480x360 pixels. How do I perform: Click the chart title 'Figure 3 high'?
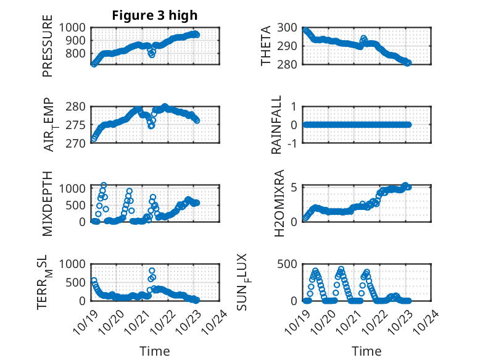[x=154, y=15]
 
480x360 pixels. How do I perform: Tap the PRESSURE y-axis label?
[x=48, y=51]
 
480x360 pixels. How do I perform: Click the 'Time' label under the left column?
[x=154, y=351]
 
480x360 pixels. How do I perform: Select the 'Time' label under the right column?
[x=367, y=351]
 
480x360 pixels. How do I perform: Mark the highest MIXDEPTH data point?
[x=104, y=185]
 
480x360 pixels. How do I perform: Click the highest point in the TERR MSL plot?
[x=152, y=270]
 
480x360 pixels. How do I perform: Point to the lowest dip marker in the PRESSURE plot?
[x=152, y=55]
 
